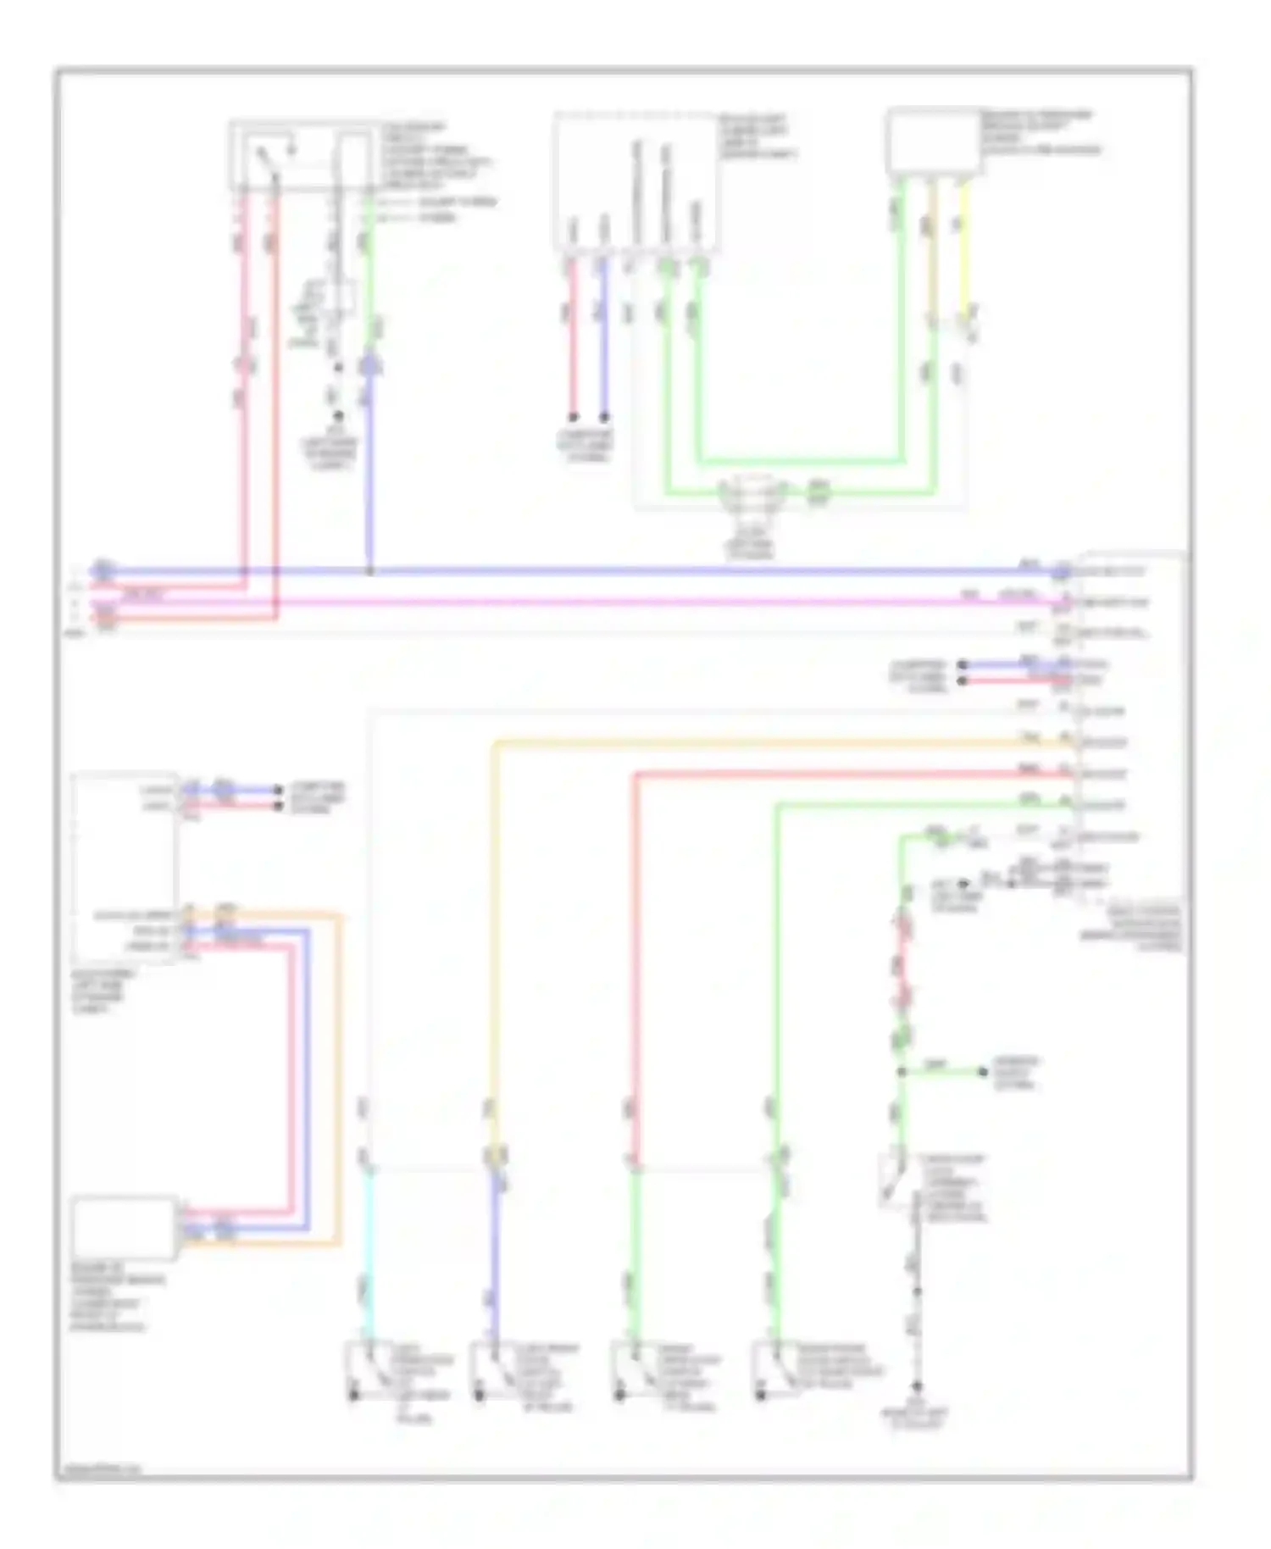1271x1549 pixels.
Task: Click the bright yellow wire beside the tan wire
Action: coord(964,254)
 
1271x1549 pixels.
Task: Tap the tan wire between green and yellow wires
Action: coord(933,254)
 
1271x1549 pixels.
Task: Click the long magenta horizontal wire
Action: coord(593,602)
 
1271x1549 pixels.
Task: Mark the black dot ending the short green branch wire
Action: coord(983,1072)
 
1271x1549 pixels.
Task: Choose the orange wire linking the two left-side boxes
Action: coord(341,1076)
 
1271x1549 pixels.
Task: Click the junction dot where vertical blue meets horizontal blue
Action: coord(369,572)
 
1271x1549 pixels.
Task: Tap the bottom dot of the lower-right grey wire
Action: coord(917,1385)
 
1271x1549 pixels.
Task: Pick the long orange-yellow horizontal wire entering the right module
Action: coord(763,743)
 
